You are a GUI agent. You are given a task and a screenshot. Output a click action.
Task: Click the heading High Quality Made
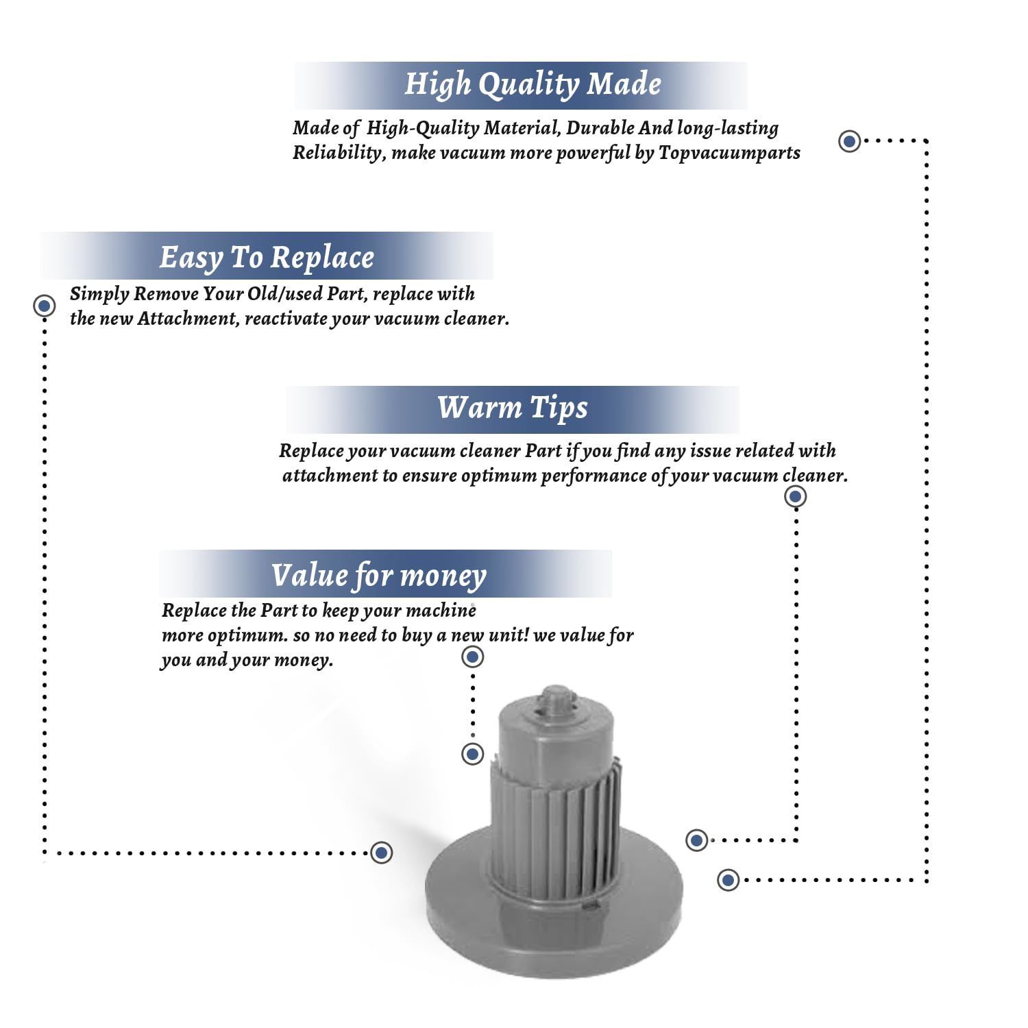click(x=533, y=84)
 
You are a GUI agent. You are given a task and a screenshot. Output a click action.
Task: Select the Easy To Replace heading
click(x=267, y=258)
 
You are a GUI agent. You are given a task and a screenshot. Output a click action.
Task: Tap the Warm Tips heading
click(x=513, y=408)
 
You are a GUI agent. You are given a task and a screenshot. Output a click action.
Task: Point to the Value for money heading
click(x=378, y=576)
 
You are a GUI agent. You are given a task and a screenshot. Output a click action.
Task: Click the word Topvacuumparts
click(x=729, y=153)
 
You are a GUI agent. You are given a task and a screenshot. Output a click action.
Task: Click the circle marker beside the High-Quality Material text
click(x=850, y=141)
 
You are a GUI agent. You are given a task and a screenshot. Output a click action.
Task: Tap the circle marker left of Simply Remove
click(x=45, y=306)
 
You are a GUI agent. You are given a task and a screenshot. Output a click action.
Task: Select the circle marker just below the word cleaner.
click(x=795, y=496)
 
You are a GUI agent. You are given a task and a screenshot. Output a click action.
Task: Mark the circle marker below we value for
click(x=473, y=657)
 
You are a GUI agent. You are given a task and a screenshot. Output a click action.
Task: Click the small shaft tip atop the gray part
click(x=556, y=698)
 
